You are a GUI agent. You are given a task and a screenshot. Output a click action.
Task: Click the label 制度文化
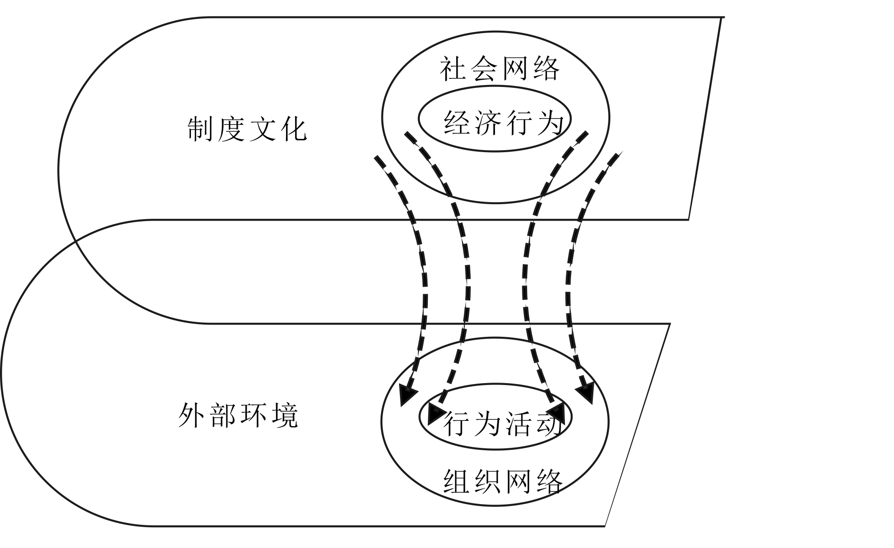point(247,129)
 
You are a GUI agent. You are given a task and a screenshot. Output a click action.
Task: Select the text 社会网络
point(500,69)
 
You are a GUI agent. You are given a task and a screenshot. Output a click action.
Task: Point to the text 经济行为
point(504,123)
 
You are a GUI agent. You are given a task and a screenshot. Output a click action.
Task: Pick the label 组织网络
point(503,482)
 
